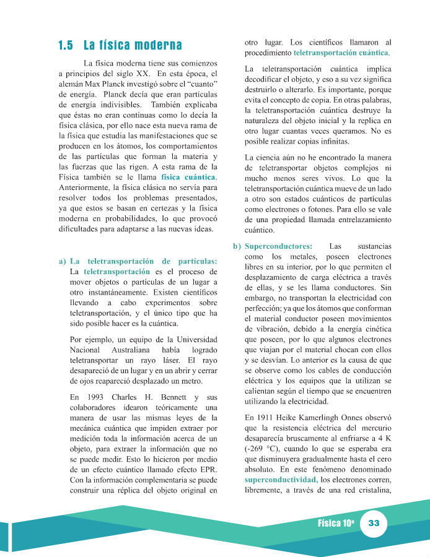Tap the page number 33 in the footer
point(374,523)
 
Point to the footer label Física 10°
point(335,523)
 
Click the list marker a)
point(62,261)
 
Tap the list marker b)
point(237,246)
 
